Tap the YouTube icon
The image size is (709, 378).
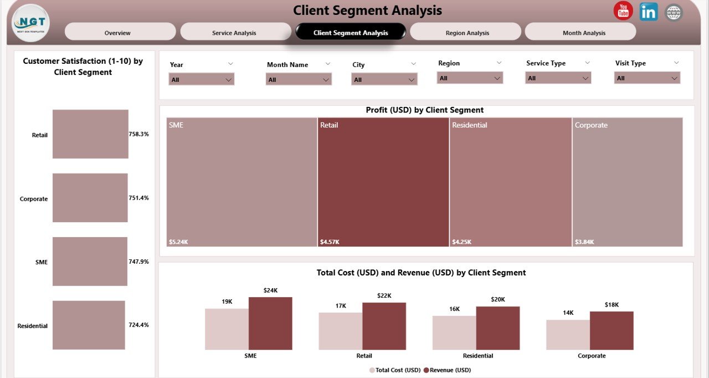pyautogui.click(x=623, y=11)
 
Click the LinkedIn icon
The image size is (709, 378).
pyautogui.click(x=649, y=12)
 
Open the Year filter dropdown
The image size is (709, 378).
pyautogui.click(x=201, y=80)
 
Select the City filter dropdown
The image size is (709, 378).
pyautogui.click(x=384, y=80)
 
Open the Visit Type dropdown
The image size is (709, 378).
pyautogui.click(x=646, y=78)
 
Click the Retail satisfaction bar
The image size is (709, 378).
pyautogui.click(x=90, y=134)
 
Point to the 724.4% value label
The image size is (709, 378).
pyautogui.click(x=138, y=325)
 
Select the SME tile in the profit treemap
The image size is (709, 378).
pyautogui.click(x=242, y=182)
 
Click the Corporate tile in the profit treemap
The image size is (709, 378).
pyautogui.click(x=627, y=182)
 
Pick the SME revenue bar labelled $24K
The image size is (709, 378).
pyautogui.click(x=270, y=323)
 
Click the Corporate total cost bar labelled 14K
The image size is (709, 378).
pyautogui.click(x=568, y=335)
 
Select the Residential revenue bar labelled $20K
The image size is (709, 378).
pyautogui.click(x=498, y=328)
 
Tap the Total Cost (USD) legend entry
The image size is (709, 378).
pyautogui.click(x=395, y=370)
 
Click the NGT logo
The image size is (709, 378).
pyautogui.click(x=31, y=23)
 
